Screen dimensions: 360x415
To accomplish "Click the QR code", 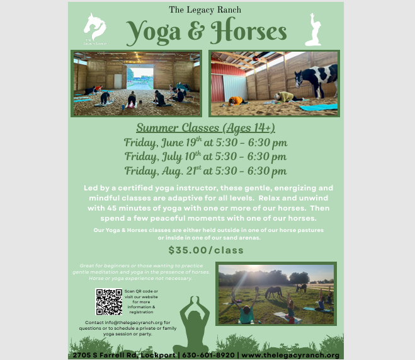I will (108, 301).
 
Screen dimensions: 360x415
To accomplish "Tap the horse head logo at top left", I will (94, 28).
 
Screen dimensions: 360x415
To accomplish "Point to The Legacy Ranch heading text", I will (205, 9).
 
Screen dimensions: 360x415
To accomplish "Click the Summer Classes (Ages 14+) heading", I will (205, 128).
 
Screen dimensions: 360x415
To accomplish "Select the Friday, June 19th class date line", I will (205, 142).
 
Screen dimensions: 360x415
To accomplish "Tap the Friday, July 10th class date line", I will (205, 156).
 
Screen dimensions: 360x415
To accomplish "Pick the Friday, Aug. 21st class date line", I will (205, 171).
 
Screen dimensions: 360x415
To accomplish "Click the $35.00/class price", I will (206, 250).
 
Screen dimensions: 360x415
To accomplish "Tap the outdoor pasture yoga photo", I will (276, 294).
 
